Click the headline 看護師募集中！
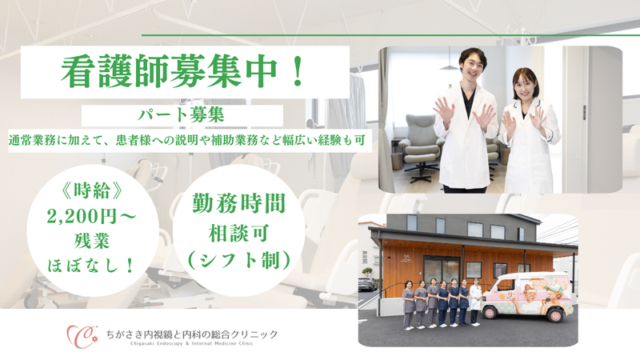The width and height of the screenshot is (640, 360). click(183, 72)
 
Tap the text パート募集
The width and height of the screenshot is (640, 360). click(182, 115)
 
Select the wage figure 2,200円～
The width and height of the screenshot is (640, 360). click(92, 216)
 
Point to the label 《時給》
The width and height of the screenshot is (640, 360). click(92, 190)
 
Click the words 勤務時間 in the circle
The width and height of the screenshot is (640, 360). click(238, 203)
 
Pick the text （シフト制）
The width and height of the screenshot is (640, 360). click(238, 260)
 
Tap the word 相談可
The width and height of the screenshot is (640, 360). click(238, 234)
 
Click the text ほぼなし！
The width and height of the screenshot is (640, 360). click(92, 266)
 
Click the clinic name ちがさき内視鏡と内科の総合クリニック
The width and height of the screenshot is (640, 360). click(192, 334)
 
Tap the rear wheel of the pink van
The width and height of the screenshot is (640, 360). click(555, 315)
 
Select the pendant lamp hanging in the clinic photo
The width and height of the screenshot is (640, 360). click(450, 66)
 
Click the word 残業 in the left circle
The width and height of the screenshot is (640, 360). click(92, 242)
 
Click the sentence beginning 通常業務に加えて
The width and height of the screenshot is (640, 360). click(187, 141)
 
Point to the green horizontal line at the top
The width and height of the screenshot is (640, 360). click(390, 35)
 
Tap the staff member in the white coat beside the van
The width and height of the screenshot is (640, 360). click(474, 302)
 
